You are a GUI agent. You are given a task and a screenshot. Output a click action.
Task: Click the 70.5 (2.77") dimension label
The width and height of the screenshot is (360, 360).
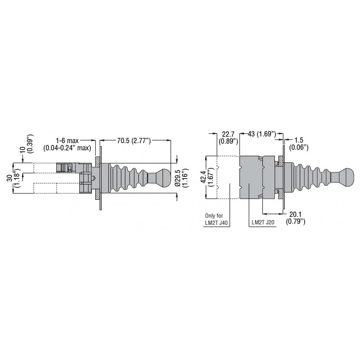coord(134,141)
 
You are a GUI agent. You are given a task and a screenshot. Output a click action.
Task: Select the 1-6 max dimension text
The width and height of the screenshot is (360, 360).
coord(67,140)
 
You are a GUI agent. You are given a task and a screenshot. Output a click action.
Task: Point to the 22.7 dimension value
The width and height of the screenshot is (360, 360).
coord(228,134)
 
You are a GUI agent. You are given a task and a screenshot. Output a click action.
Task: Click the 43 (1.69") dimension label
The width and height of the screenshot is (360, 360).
coord(261,134)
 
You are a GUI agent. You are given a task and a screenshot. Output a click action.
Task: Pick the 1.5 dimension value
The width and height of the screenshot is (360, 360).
coord(299,140)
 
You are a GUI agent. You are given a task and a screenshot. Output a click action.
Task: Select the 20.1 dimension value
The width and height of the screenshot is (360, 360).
coord(295,214)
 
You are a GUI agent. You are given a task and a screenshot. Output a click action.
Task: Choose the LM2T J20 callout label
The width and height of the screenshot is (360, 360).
coord(263,222)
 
